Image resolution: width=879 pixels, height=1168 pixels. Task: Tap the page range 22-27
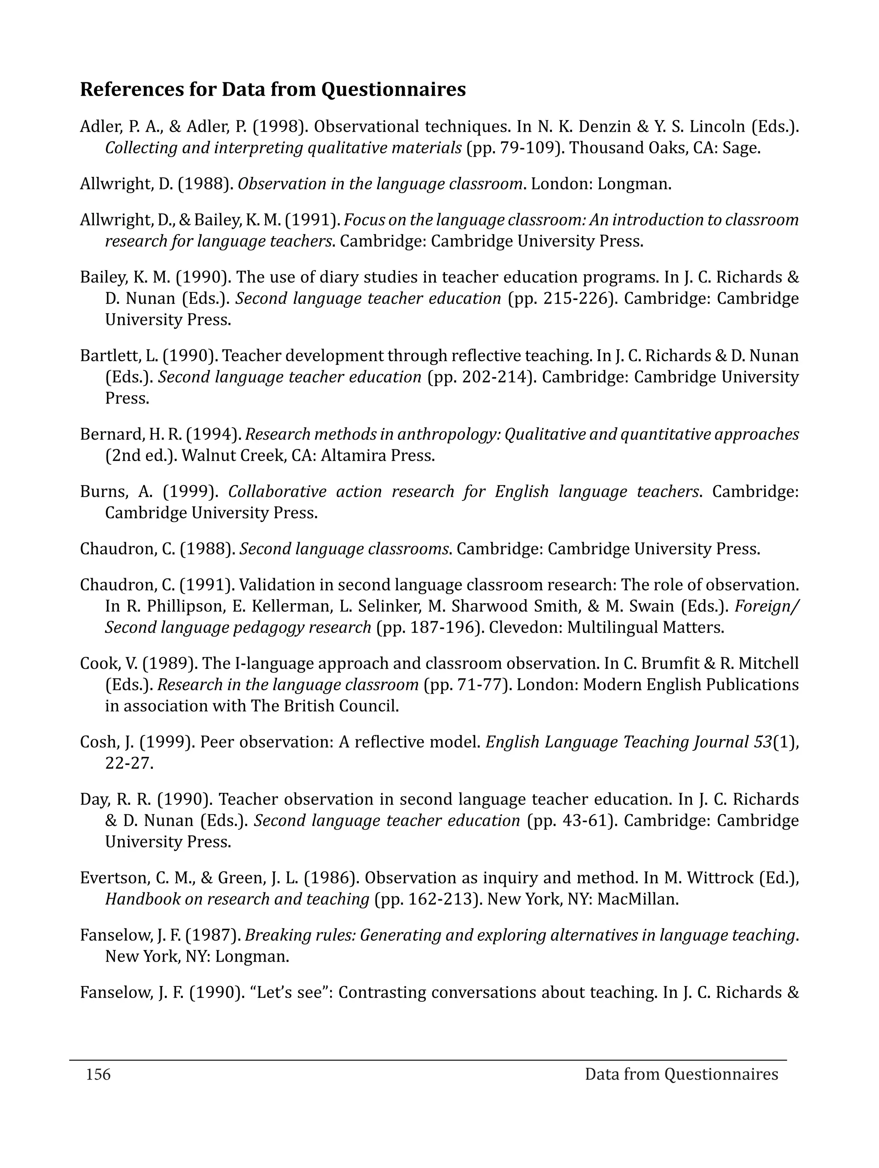click(x=128, y=763)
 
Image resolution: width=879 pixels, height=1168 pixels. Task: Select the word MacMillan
click(x=637, y=899)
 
